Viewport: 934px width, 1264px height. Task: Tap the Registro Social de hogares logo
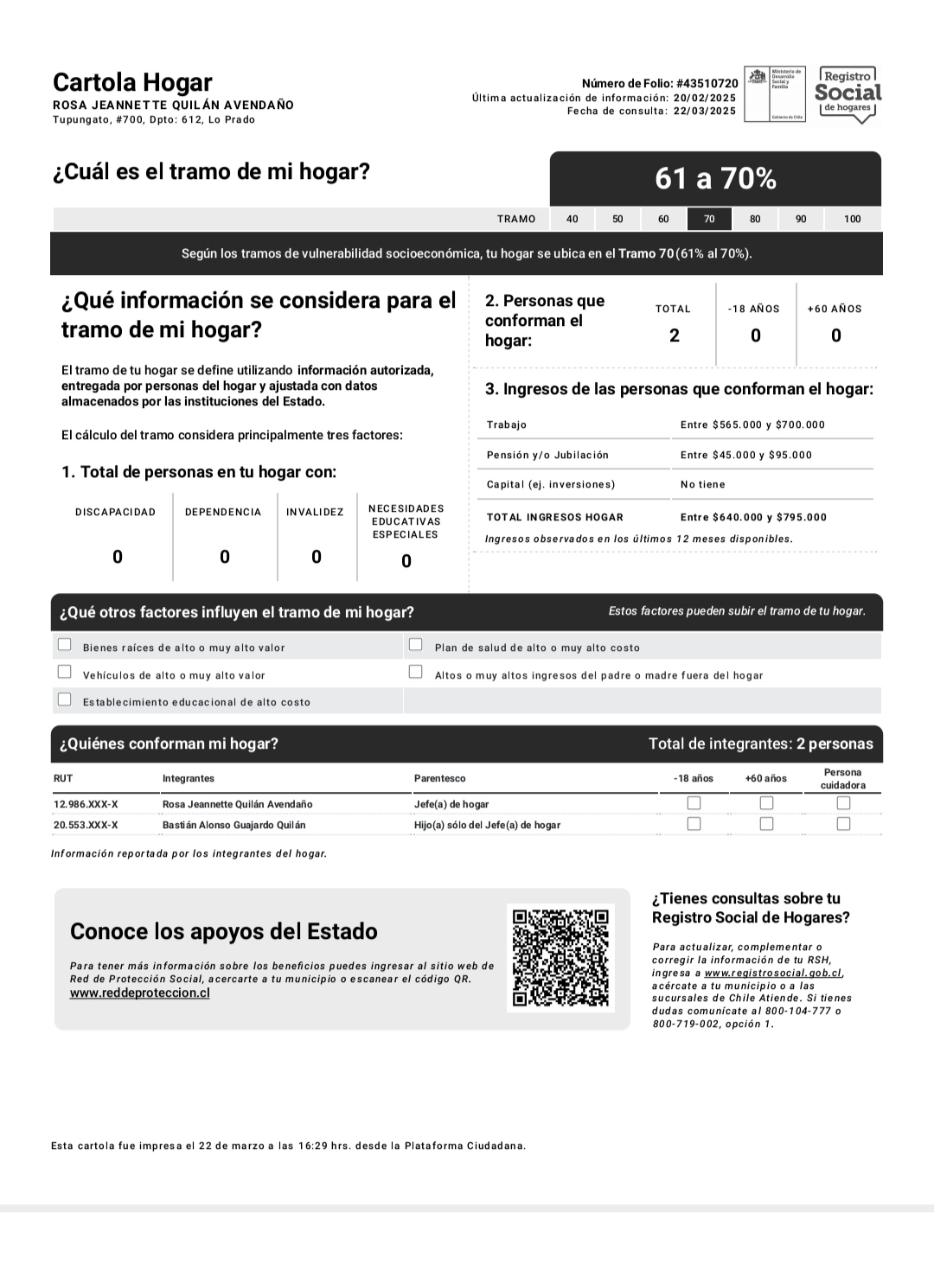pos(848,94)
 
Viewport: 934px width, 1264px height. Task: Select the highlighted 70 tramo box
pos(709,219)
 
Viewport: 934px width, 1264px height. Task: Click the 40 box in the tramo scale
pos(573,219)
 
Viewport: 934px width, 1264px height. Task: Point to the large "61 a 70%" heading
pos(715,178)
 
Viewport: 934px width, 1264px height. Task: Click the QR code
pos(560,958)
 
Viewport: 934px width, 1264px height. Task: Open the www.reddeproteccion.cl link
pos(140,993)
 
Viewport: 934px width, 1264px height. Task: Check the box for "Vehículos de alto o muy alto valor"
pos(65,672)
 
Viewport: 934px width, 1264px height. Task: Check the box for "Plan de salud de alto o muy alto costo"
pos(416,644)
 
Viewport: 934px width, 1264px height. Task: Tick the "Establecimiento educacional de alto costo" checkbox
pos(65,699)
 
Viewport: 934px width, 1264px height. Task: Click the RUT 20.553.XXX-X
pos(86,825)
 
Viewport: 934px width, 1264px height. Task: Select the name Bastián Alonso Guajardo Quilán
pos(233,825)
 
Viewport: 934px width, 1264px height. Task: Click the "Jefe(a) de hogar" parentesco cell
pos(451,804)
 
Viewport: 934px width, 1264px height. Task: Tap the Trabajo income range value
pos(752,425)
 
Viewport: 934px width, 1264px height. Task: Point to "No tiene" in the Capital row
pos(702,484)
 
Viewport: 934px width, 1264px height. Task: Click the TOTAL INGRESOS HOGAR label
pos(554,517)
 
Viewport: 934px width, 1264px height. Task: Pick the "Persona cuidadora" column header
pos(842,779)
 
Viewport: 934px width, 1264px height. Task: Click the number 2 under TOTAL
pos(675,336)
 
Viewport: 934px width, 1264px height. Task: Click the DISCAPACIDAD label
pos(115,512)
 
